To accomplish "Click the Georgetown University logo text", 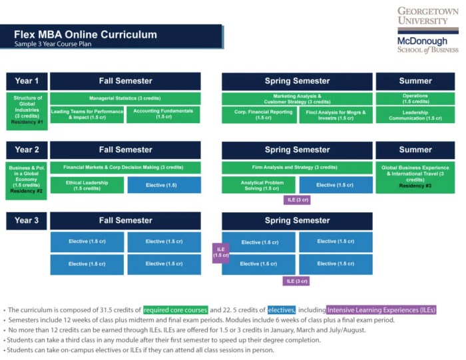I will point(427,16).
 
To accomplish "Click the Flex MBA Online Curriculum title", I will point(86,35).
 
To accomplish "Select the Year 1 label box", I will point(27,81).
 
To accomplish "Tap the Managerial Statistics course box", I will point(125,98).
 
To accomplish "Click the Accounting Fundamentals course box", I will point(163,114).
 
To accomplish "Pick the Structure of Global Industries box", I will point(27,110).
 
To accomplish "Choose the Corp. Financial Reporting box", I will point(259,114).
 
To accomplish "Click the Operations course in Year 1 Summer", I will point(415,98).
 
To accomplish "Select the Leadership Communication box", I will point(415,114).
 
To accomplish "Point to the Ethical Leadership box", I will point(87,185).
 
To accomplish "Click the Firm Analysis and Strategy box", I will point(297,167).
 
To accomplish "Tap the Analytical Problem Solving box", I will point(259,185).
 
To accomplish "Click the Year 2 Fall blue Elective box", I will point(163,185).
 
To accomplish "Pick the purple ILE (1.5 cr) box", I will point(221,252).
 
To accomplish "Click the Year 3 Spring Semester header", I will point(297,220).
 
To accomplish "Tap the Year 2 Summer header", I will point(415,150).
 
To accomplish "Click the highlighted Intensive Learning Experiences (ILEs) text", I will point(381,310).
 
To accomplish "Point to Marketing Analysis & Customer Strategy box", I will point(297,98).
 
